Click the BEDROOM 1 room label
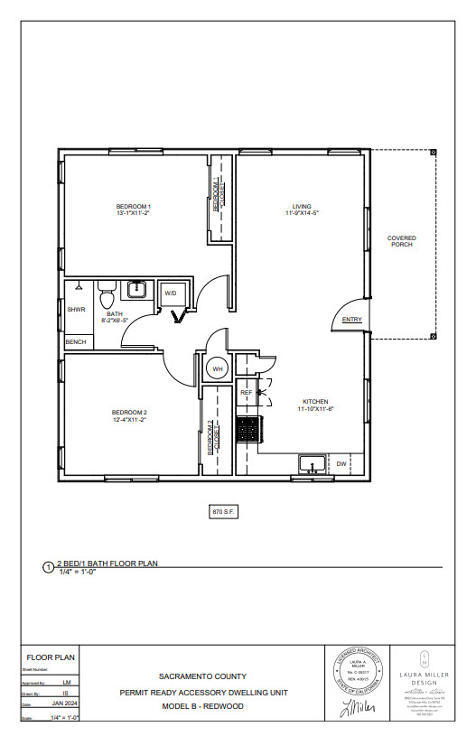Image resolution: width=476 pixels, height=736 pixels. (133, 206)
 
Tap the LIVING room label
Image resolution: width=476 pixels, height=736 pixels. (302, 206)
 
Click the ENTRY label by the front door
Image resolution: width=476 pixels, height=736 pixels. (351, 319)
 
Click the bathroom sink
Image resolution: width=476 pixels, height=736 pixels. (136, 290)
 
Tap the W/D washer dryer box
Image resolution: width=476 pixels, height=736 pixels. (170, 293)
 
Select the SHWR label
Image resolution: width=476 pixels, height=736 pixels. (76, 310)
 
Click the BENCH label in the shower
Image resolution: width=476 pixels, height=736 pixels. (76, 342)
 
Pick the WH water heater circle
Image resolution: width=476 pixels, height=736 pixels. (218, 368)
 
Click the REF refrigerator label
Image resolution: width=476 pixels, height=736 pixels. (246, 393)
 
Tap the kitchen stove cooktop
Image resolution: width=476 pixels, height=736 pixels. (247, 429)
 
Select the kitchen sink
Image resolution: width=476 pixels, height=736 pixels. (312, 465)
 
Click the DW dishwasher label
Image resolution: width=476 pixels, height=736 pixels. (341, 464)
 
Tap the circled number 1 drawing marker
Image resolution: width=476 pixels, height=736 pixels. (48, 567)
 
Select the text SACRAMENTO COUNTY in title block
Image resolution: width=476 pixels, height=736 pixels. (202, 675)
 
